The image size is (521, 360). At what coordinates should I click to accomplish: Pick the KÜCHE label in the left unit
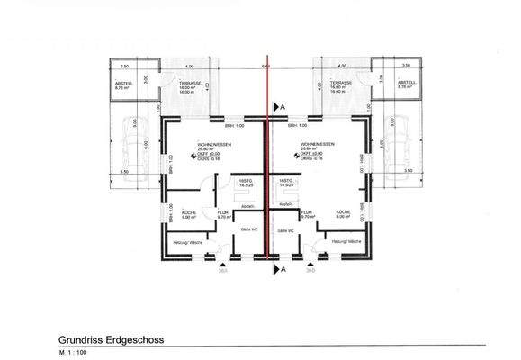189,212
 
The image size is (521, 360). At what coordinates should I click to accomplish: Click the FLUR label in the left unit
223,212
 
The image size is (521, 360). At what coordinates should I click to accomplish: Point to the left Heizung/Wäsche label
186,242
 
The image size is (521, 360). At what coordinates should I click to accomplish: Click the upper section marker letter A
283,107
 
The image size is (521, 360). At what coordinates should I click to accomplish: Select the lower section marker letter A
283,268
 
